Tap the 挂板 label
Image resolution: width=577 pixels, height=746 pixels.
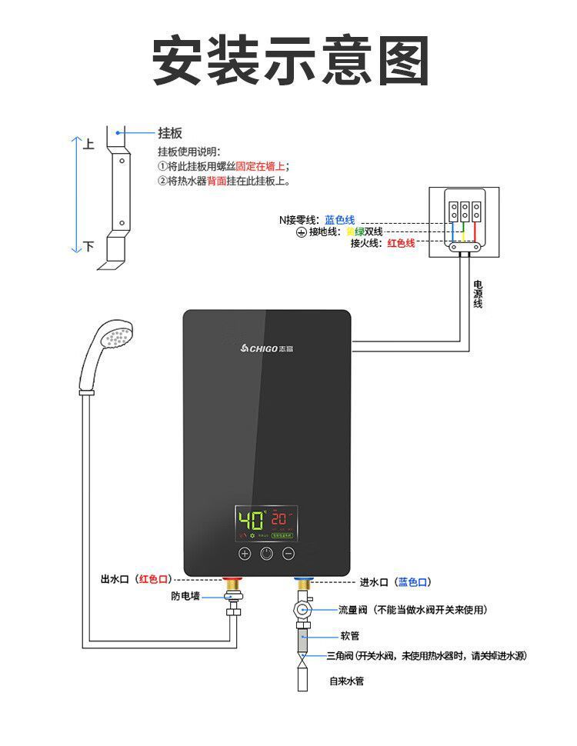(170, 133)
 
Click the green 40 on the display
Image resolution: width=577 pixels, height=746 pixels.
(251, 518)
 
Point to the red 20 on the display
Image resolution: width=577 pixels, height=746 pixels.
(279, 518)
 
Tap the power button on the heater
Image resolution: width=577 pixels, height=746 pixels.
(266, 553)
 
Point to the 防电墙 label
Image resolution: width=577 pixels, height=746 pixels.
(185, 596)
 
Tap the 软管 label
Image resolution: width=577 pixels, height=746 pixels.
(350, 636)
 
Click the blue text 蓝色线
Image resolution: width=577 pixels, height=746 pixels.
(339, 220)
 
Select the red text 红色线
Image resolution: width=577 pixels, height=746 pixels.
(401, 243)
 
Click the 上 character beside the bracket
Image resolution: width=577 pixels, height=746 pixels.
(88, 145)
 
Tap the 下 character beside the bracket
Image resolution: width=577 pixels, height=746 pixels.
(88, 247)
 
